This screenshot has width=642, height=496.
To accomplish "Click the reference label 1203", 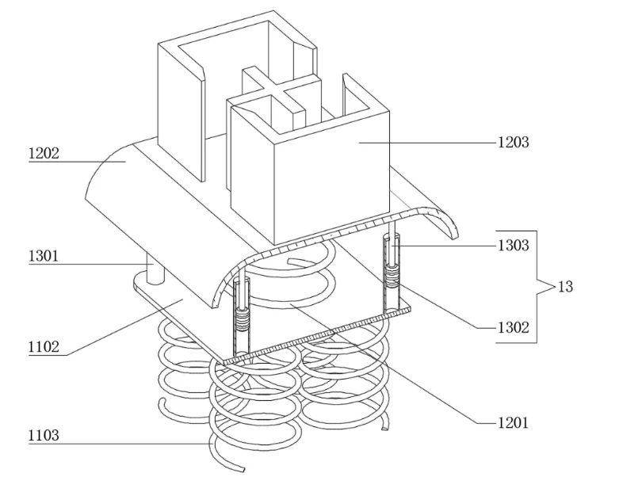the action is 513,143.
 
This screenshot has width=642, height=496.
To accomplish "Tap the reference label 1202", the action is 44,154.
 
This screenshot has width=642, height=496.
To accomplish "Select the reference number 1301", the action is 44,256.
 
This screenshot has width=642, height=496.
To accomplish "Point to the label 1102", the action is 44,347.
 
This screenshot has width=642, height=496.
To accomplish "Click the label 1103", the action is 44,436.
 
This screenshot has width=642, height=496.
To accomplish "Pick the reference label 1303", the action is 513,246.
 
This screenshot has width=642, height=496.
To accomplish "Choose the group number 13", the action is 565,287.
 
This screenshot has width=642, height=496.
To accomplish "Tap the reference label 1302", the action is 513,327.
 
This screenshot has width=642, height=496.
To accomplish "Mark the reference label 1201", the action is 513,423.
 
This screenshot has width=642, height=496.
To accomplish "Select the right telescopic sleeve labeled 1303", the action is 392,272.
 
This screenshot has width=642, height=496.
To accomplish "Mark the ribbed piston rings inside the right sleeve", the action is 392,274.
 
